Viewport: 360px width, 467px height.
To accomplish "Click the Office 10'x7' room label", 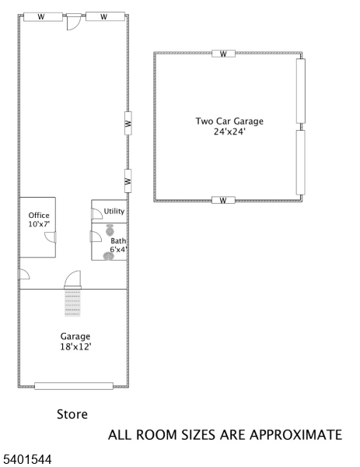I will [x=38, y=219].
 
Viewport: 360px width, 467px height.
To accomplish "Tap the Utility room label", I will [x=114, y=212].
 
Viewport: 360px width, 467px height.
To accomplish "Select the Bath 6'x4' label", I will [x=118, y=246].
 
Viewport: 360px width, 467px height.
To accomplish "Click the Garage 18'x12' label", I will [x=76, y=341].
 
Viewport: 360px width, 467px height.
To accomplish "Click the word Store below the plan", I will [x=72, y=414].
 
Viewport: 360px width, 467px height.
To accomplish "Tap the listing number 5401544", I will [x=26, y=461].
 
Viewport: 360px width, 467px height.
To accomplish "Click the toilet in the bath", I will [x=110, y=230].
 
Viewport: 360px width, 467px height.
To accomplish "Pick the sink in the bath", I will [x=108, y=255].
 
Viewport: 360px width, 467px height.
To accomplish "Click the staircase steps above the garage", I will [x=72, y=302].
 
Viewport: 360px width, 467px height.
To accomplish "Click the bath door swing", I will [x=95, y=237].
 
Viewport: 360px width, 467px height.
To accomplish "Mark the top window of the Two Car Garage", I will [x=223, y=54].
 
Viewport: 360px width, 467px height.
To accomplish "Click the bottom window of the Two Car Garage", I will [x=223, y=200].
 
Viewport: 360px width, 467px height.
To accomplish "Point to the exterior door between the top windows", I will [x=72, y=23].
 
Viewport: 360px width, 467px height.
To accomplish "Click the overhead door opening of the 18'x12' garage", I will [x=74, y=385].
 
